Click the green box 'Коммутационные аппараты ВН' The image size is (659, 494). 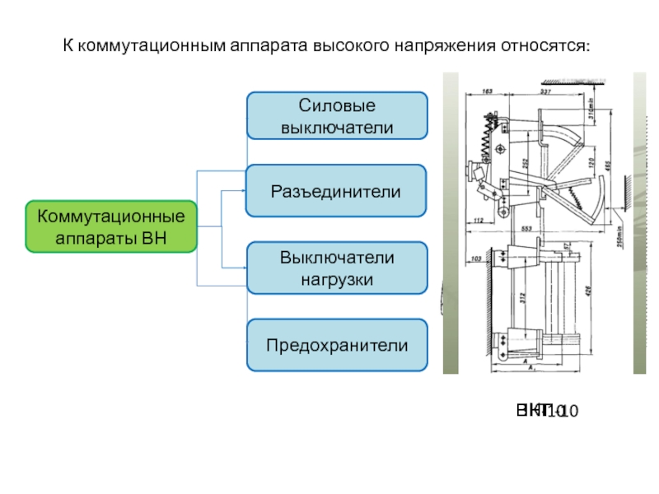(x=112, y=226)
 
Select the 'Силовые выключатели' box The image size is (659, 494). (x=338, y=115)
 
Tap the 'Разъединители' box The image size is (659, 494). (x=338, y=190)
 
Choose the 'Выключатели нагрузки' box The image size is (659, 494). (x=338, y=268)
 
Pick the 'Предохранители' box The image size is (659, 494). (x=338, y=344)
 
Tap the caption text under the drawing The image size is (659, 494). (x=548, y=409)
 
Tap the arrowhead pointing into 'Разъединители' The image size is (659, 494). (x=243, y=190)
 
